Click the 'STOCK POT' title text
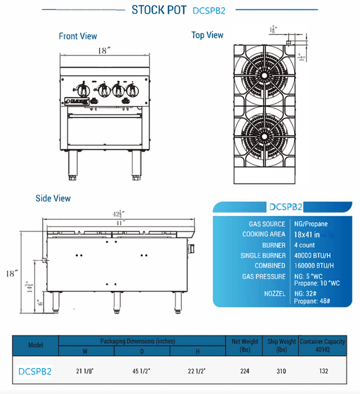click(x=159, y=10)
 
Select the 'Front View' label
click(x=78, y=36)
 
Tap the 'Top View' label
click(x=207, y=35)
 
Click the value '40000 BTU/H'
click(x=313, y=255)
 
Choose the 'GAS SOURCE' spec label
click(x=267, y=224)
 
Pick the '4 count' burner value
click(x=304, y=245)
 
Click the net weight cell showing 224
click(x=244, y=371)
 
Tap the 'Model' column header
click(x=35, y=345)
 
